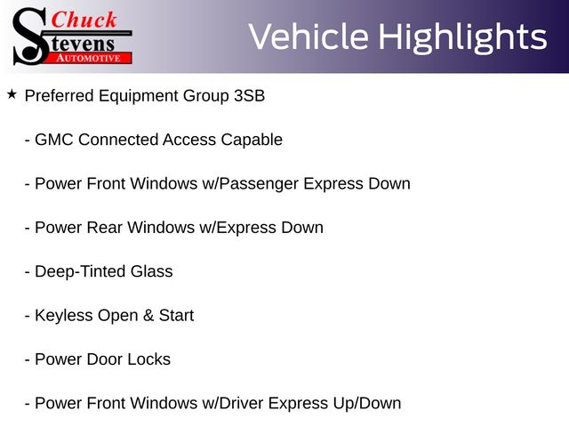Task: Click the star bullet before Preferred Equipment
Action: [12, 95]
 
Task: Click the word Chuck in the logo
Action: [84, 20]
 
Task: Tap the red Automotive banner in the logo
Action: [89, 58]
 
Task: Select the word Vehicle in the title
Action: [309, 36]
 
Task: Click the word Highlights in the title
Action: [462, 37]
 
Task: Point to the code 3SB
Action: [249, 96]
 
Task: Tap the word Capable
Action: [252, 141]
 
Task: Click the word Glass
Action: [152, 271]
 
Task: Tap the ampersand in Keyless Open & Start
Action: [148, 316]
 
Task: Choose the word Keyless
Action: [63, 316]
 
